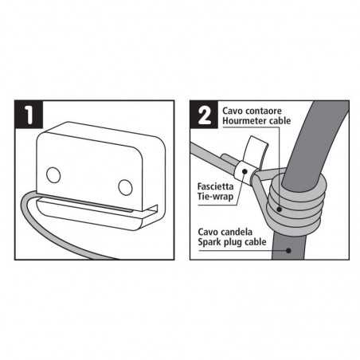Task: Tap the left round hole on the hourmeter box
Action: [x=53, y=173]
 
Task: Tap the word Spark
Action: [x=210, y=241]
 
